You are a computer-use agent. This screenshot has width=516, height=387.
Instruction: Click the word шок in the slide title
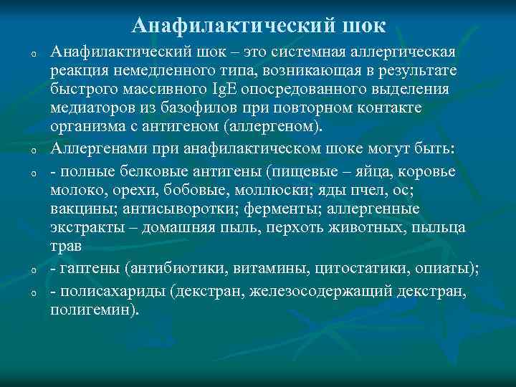363,27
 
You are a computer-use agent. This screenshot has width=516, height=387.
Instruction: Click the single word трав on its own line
65,244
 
